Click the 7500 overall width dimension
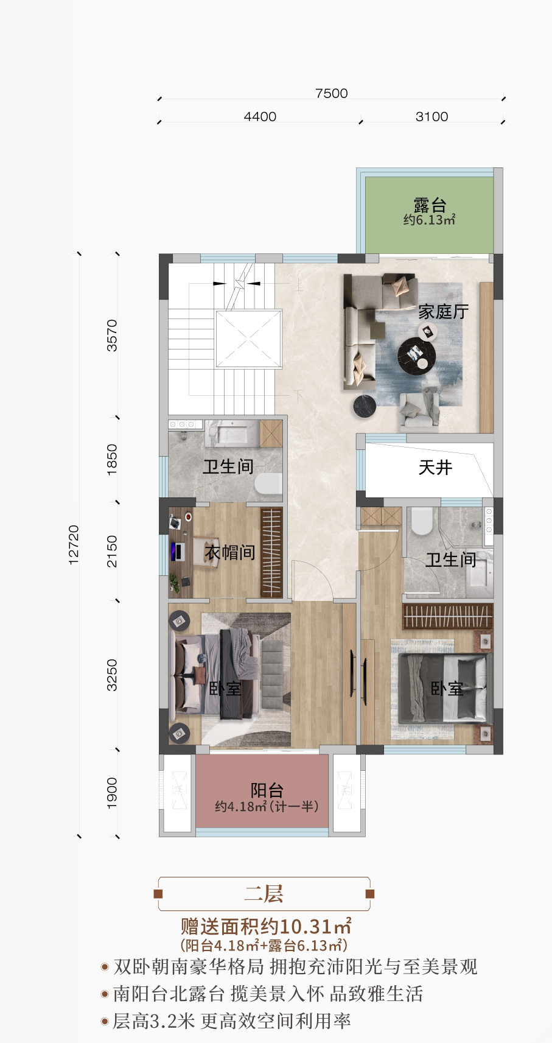[x=331, y=93]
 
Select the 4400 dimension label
[x=260, y=116]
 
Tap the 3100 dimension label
[x=431, y=116]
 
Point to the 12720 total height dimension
[x=74, y=545]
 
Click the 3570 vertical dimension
[x=112, y=335]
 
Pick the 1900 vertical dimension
[x=112, y=793]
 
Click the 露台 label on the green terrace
[x=430, y=205]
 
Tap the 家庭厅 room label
[x=443, y=312]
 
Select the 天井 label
[x=435, y=468]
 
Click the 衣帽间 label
[x=229, y=552]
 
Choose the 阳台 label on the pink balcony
[x=267, y=790]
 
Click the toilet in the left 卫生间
[x=268, y=485]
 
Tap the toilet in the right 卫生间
[x=421, y=521]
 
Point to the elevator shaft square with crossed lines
[x=249, y=339]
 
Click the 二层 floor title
[x=264, y=894]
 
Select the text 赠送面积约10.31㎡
[x=266, y=926]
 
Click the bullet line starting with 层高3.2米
[x=232, y=1021]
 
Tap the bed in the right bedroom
[x=445, y=688]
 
